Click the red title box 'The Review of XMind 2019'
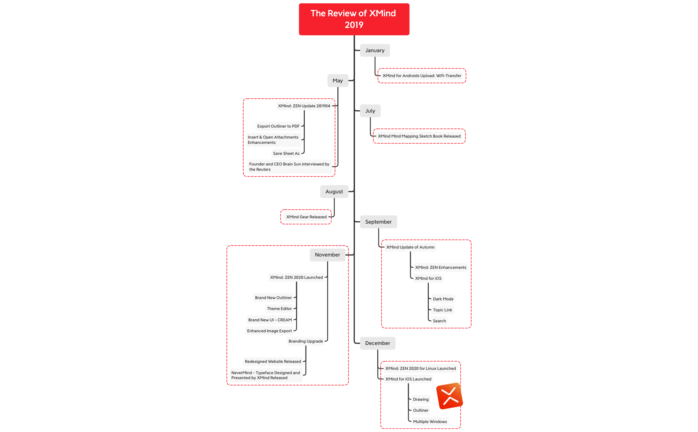(x=354, y=19)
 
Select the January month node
(x=375, y=51)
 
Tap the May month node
(x=338, y=81)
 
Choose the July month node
(x=370, y=111)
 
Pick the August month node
(x=334, y=192)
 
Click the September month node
(x=378, y=222)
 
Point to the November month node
(x=327, y=255)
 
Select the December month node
(x=378, y=343)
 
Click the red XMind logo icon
(x=450, y=396)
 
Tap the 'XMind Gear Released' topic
(x=306, y=217)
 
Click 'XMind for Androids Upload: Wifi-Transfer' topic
(x=422, y=76)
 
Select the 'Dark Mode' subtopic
(x=443, y=299)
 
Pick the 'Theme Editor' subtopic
(x=279, y=309)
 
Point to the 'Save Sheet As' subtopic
(x=286, y=154)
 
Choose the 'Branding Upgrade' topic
(x=306, y=341)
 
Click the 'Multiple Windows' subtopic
(x=430, y=422)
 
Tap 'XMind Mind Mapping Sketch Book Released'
(x=419, y=136)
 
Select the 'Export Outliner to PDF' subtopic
(x=278, y=126)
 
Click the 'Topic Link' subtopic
(x=442, y=310)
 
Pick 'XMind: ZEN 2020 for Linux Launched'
(x=420, y=369)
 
